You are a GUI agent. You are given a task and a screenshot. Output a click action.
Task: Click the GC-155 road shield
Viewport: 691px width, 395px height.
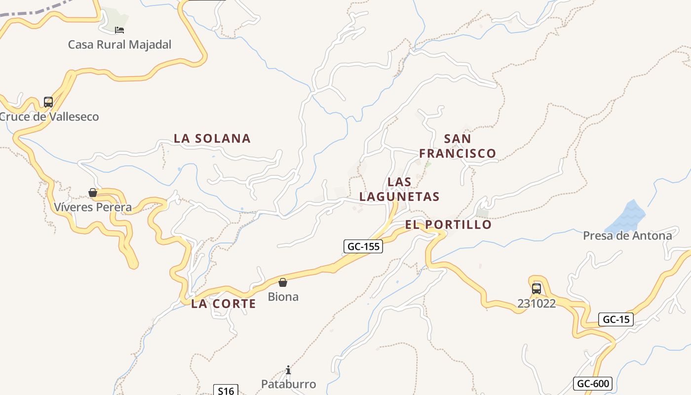(x=363, y=246)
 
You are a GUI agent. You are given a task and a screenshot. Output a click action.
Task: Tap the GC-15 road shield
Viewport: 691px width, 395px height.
(x=616, y=319)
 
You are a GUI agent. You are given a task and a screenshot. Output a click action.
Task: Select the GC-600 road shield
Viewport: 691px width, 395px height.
(x=593, y=384)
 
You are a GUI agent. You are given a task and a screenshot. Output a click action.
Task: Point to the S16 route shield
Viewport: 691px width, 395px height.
(x=226, y=391)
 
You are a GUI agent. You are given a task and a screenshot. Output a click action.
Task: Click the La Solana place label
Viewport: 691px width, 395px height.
(x=212, y=138)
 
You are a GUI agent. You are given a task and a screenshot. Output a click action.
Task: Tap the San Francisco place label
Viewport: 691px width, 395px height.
(x=458, y=146)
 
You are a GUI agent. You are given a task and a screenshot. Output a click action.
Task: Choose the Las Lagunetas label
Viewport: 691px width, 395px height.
(x=399, y=189)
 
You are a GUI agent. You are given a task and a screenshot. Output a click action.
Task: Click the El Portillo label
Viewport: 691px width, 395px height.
(x=448, y=225)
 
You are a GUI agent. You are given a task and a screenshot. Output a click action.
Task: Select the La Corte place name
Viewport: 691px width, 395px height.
(x=224, y=304)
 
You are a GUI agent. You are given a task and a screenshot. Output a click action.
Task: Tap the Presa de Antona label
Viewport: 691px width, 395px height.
(x=627, y=236)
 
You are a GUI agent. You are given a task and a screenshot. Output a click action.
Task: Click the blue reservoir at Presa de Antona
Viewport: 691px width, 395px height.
(x=626, y=216)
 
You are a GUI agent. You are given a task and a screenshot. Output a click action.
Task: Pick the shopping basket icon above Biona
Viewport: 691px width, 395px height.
(x=283, y=282)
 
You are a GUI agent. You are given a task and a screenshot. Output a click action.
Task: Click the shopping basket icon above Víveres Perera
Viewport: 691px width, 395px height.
(x=93, y=193)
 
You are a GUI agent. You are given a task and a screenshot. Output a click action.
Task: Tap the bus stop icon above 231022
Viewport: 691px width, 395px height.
(x=537, y=289)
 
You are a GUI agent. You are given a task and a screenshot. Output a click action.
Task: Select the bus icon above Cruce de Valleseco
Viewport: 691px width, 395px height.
(x=48, y=102)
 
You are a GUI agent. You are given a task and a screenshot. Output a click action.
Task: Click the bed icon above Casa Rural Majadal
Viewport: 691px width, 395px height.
(x=119, y=30)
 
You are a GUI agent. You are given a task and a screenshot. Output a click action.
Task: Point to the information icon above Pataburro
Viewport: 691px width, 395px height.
(x=288, y=370)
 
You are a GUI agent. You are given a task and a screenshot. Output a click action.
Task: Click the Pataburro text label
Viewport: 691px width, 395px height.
(x=288, y=384)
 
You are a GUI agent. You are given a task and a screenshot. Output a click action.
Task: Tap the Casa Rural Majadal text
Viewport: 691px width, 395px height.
(x=119, y=44)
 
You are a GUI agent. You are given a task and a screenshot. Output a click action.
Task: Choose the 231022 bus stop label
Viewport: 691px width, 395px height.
(x=537, y=304)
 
